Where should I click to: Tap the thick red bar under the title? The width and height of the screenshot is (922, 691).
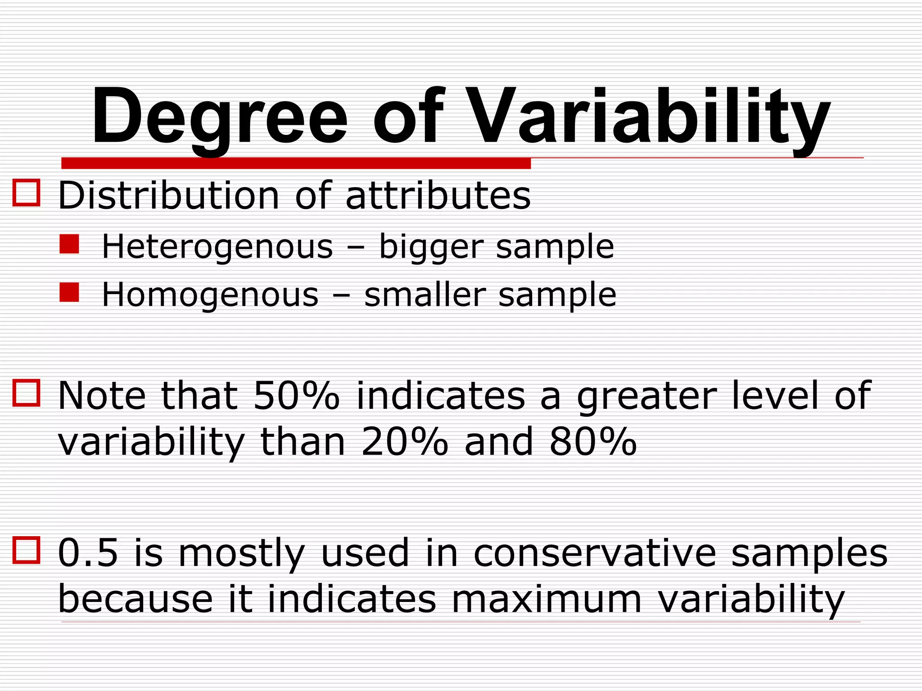(x=296, y=163)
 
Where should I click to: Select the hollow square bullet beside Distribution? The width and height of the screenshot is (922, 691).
(x=27, y=193)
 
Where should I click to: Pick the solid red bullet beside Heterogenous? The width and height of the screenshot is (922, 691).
(x=69, y=244)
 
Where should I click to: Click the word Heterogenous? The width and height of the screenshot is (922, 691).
(x=217, y=247)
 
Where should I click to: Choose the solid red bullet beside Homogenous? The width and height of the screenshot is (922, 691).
(x=69, y=292)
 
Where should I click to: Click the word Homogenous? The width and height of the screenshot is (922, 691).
(x=210, y=295)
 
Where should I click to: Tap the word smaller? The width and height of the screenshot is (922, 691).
(x=425, y=295)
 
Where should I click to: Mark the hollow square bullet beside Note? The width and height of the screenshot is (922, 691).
(x=27, y=393)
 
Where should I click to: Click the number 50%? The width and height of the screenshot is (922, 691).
(x=296, y=395)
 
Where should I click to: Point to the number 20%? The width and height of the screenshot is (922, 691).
(x=404, y=442)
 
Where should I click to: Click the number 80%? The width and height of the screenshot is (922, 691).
(x=593, y=442)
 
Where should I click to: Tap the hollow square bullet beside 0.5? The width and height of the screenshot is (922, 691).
(x=27, y=550)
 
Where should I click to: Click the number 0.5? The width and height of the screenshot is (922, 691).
(x=88, y=553)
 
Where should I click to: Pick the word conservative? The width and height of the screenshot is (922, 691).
(x=594, y=553)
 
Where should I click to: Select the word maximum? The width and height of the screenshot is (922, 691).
(x=547, y=599)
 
